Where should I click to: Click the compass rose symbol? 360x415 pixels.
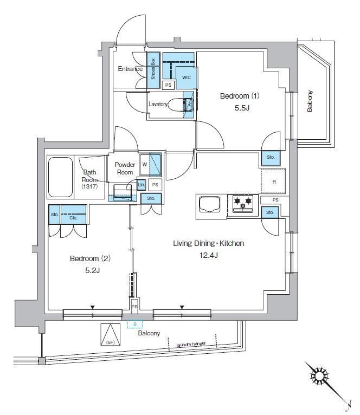click(319, 376)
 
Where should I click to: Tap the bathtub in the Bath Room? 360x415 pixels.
click(60, 177)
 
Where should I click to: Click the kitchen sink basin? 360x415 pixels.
click(209, 204)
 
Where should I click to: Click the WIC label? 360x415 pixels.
click(186, 77)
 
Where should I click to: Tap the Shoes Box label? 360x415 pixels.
click(153, 69)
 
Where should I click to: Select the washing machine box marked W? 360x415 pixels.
click(150, 164)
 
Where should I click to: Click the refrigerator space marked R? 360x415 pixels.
click(273, 181)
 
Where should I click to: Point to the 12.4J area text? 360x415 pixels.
click(209, 255)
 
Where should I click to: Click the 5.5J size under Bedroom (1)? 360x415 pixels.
click(242, 108)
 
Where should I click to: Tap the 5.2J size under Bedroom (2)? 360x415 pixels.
click(93, 270)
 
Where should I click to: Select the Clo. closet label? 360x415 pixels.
click(73, 218)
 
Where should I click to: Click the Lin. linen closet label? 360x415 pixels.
click(141, 184)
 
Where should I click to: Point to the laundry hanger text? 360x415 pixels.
click(191, 344)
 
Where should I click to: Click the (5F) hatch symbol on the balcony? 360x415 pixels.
click(110, 334)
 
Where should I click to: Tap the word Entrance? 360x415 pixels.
click(130, 69)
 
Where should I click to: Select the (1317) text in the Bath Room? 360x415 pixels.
click(89, 186)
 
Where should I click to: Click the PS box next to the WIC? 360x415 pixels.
click(168, 85)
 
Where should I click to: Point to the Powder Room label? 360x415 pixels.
click(125, 168)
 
